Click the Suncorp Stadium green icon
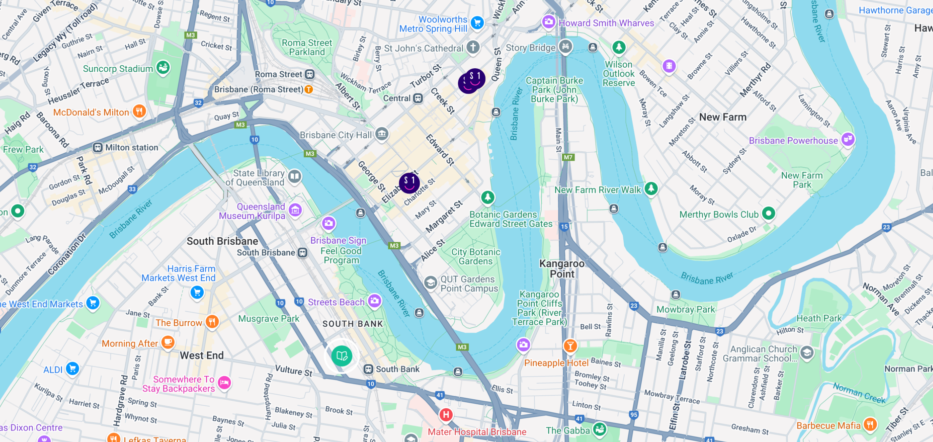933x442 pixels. (x=163, y=67)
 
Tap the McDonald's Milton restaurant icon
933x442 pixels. (x=139, y=111)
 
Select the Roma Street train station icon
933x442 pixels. (x=309, y=74)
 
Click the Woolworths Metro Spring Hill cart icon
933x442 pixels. (x=477, y=23)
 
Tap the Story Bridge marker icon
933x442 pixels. (x=565, y=46)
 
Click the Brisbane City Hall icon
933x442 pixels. (x=382, y=134)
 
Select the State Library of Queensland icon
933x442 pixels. (x=295, y=177)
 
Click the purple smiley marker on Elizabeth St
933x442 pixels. (x=409, y=183)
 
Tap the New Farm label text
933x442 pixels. (x=723, y=117)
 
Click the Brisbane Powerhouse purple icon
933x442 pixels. (x=848, y=139)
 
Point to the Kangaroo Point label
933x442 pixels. (x=562, y=269)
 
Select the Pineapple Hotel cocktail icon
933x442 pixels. (x=570, y=345)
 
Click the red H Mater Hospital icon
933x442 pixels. (x=446, y=414)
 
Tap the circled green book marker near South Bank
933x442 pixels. (x=342, y=356)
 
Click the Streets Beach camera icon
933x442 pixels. (x=375, y=300)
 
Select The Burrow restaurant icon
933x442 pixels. (x=212, y=321)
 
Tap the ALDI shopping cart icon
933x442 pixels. (x=73, y=369)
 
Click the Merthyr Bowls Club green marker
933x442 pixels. (x=768, y=213)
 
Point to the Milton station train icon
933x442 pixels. (x=97, y=147)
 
